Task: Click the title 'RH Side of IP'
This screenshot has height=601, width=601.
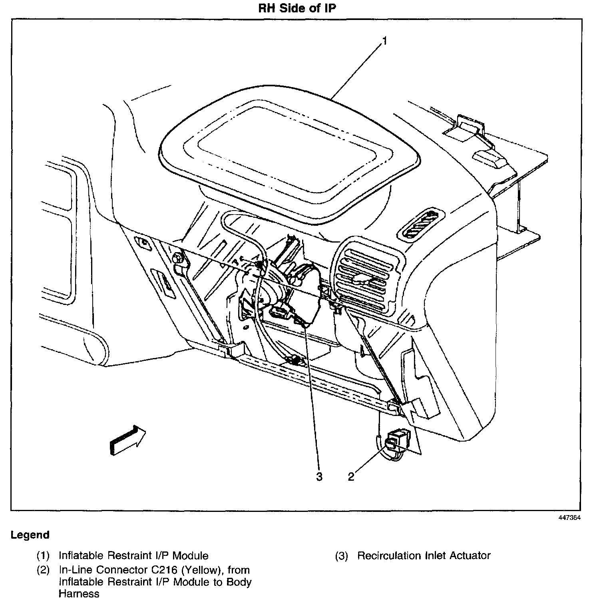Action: point(297,9)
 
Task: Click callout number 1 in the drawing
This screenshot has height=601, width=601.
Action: point(384,41)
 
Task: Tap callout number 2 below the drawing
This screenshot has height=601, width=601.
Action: point(351,476)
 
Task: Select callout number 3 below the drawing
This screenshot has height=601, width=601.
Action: point(319,476)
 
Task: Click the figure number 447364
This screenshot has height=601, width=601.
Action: point(569,517)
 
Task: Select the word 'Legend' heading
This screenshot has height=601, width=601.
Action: point(30,535)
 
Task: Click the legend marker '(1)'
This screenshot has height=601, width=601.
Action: point(43,555)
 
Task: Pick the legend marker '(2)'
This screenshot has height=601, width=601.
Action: point(43,570)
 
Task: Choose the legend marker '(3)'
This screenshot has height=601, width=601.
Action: point(341,555)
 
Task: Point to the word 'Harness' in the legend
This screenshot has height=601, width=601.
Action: point(79,593)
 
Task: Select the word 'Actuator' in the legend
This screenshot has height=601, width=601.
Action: point(470,555)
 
